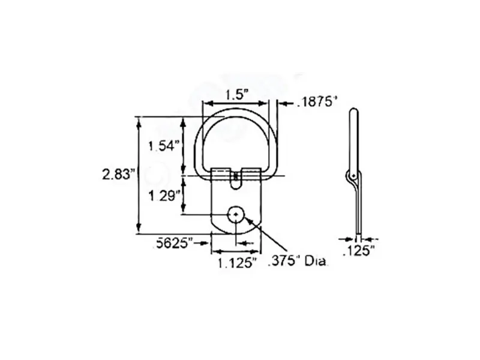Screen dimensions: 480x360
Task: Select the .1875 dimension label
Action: click(x=317, y=102)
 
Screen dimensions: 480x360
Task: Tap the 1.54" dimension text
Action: click(x=164, y=146)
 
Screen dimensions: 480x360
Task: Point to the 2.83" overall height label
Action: click(x=118, y=175)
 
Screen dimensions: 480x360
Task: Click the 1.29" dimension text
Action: click(x=164, y=196)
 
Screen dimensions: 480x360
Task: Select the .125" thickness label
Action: click(x=359, y=251)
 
